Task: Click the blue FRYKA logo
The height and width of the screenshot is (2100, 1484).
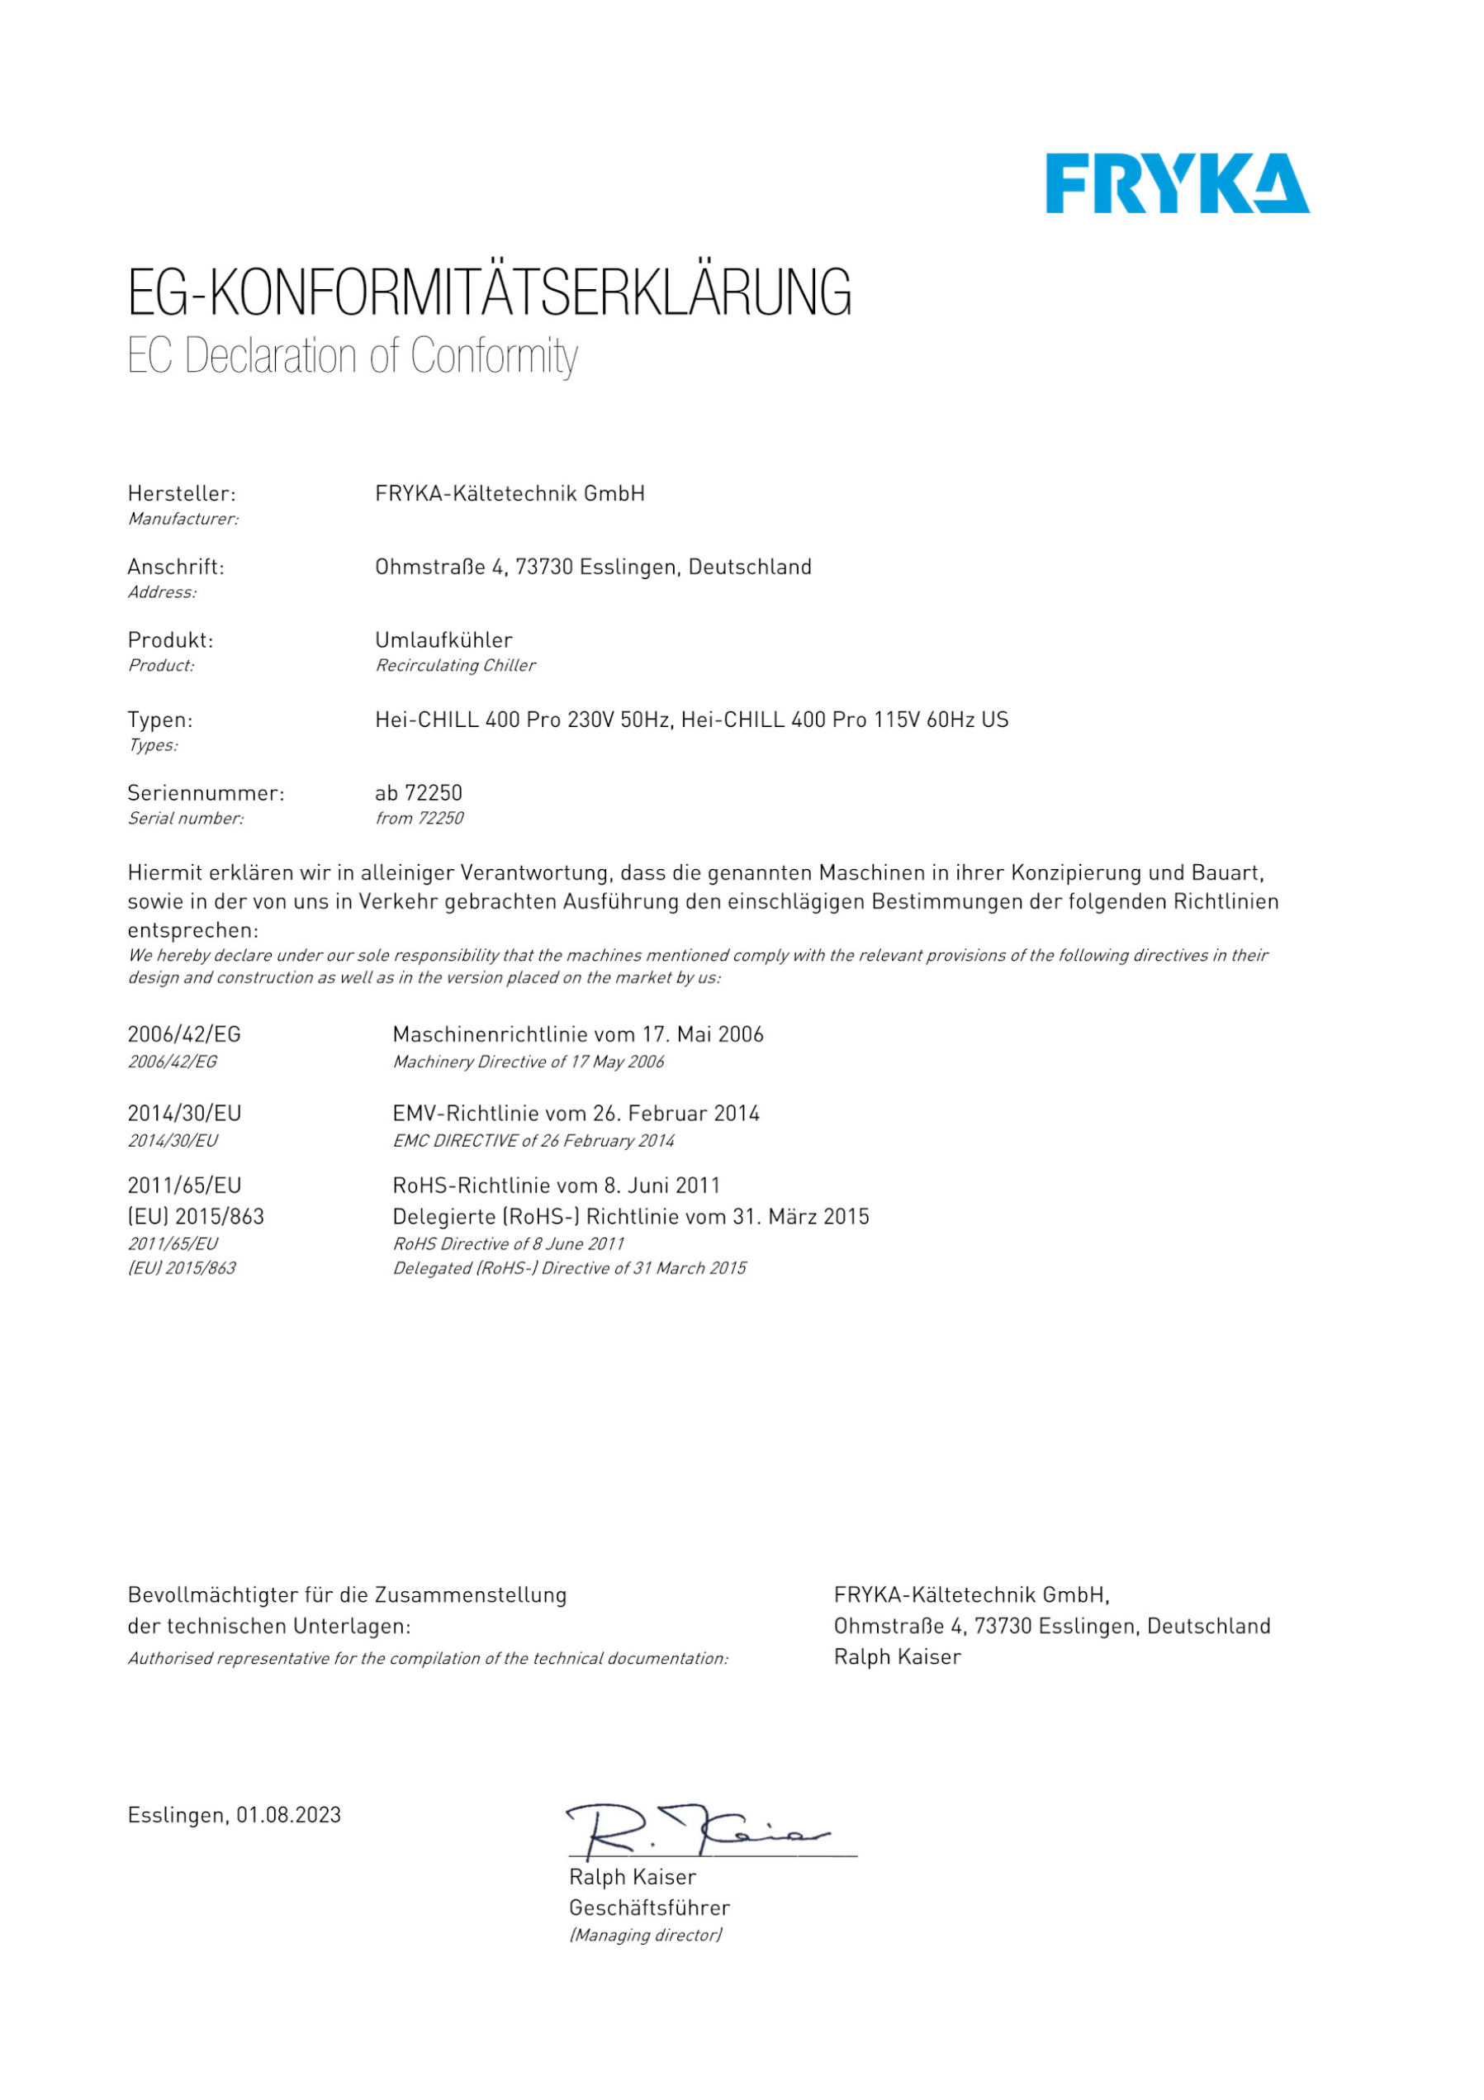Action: pos(1177,184)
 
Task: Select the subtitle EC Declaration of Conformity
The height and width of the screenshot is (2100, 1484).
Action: pos(352,356)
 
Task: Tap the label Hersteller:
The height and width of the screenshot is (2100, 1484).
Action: pos(181,494)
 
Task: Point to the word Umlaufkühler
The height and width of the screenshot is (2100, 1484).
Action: pos(443,640)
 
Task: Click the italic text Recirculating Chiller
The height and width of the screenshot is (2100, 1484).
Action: pos(454,665)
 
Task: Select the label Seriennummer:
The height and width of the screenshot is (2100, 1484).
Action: pos(206,793)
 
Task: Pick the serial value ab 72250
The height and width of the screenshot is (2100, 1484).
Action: pos(418,793)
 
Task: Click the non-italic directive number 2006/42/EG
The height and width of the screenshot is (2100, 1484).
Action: pos(184,1034)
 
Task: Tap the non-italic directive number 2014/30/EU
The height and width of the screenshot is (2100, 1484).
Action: pos(184,1113)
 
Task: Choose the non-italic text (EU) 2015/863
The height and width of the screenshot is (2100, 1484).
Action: pos(196,1216)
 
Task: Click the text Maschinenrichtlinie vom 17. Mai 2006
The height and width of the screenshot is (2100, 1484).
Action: pos(578,1034)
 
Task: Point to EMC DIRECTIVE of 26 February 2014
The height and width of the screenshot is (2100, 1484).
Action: pos(533,1141)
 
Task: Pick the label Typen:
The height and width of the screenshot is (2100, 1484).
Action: pos(160,720)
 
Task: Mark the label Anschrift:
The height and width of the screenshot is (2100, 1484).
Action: pos(176,567)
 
